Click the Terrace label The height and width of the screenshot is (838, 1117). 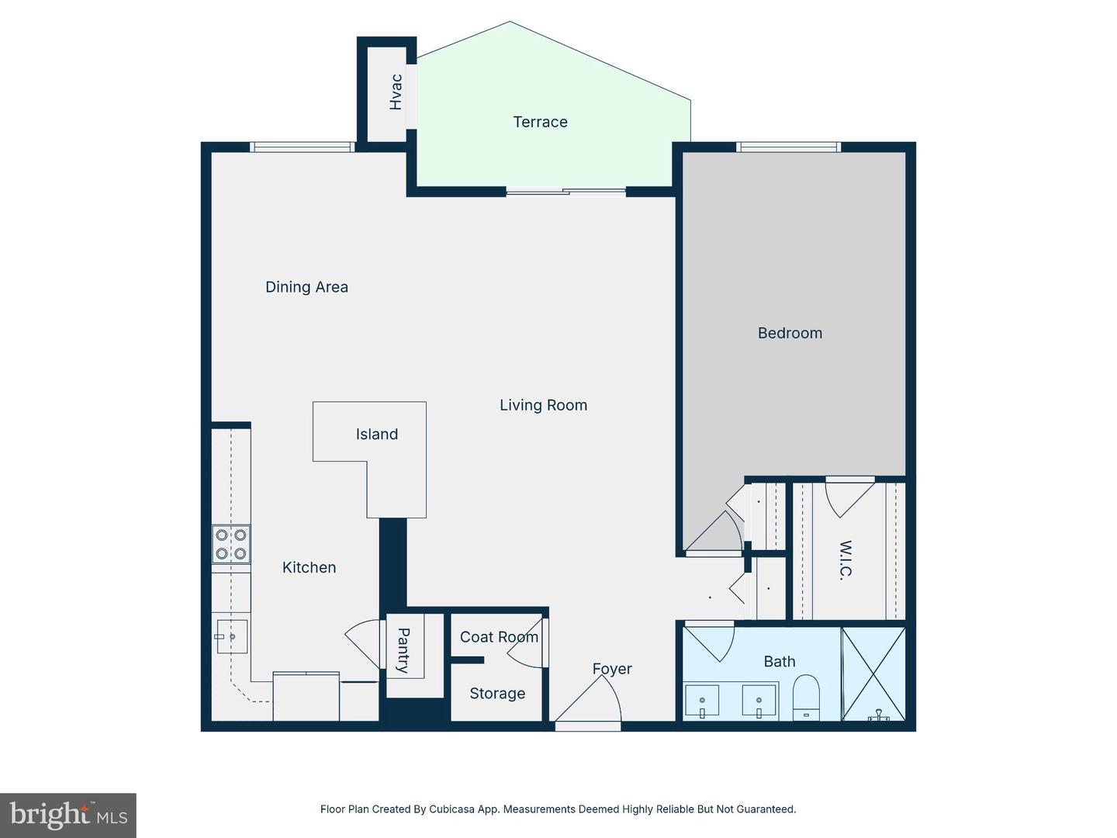pyautogui.click(x=540, y=122)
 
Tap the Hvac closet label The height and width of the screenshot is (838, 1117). pyautogui.click(x=396, y=92)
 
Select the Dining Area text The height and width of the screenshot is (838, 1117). pyautogui.click(x=306, y=287)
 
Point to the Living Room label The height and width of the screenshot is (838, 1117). pyautogui.click(x=543, y=405)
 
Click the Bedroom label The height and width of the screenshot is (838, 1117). pyautogui.click(x=790, y=333)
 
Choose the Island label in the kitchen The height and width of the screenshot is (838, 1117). pyautogui.click(x=377, y=435)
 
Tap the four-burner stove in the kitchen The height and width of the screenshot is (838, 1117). pyautogui.click(x=231, y=544)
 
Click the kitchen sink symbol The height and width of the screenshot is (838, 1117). pyautogui.click(x=232, y=636)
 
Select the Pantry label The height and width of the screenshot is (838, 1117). pyautogui.click(x=404, y=650)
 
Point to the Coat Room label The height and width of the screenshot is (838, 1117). pyautogui.click(x=499, y=637)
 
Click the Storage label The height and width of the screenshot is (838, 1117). pyautogui.click(x=497, y=694)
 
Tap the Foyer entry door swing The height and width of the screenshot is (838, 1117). pyautogui.click(x=590, y=702)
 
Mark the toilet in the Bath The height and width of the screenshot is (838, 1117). pyautogui.click(x=807, y=697)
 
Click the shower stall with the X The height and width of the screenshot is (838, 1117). pyautogui.click(x=873, y=674)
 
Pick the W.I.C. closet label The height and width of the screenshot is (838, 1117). pyautogui.click(x=846, y=559)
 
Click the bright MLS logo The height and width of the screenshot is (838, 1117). pyautogui.click(x=68, y=815)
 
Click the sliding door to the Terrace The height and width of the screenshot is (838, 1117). pyautogui.click(x=566, y=191)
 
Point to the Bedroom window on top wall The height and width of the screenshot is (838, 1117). pyautogui.click(x=788, y=147)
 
